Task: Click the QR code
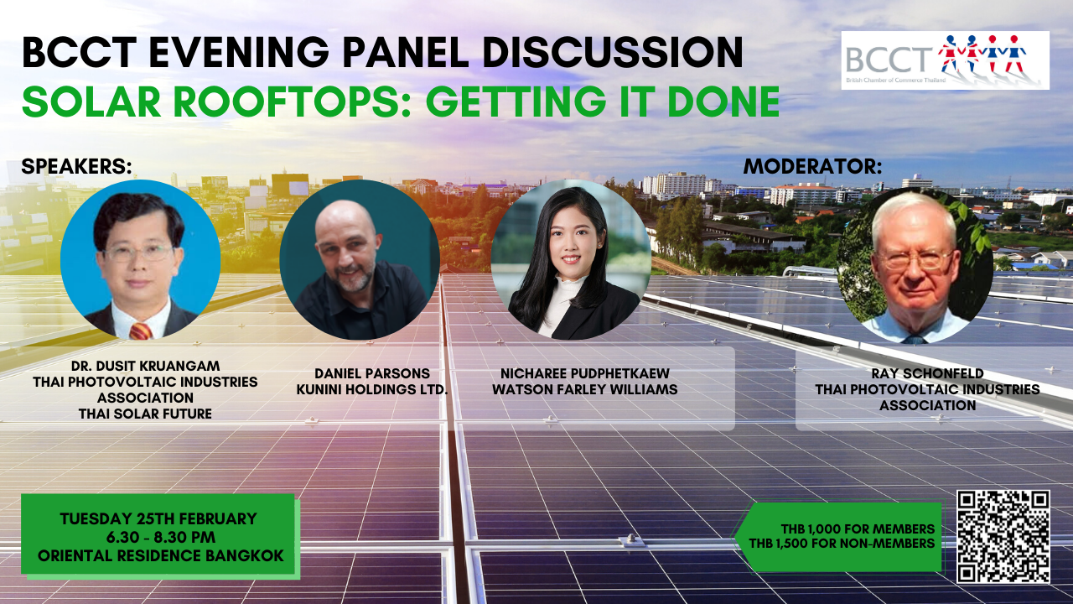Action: tap(1003, 536)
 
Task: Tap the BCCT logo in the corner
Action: tap(945, 60)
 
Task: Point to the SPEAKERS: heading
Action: tap(76, 166)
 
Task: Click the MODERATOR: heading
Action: tap(813, 166)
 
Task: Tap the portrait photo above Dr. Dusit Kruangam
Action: tap(140, 260)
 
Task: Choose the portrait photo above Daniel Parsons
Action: tap(360, 260)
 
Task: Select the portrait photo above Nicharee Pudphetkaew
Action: tap(571, 260)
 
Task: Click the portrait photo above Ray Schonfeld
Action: tap(915, 265)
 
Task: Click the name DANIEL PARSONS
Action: tap(372, 373)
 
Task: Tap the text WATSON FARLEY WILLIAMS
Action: tap(585, 389)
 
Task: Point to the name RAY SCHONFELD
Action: tap(927, 373)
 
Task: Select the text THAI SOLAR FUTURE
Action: tap(145, 414)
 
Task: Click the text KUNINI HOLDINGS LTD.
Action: tap(372, 389)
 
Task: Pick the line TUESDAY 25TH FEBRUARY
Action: tap(158, 518)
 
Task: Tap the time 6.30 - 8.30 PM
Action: tap(161, 537)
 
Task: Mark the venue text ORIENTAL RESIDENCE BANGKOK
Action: tap(161, 555)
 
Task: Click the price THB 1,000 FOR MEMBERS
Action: tap(858, 528)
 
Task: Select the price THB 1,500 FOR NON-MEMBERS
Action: tap(842, 543)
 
